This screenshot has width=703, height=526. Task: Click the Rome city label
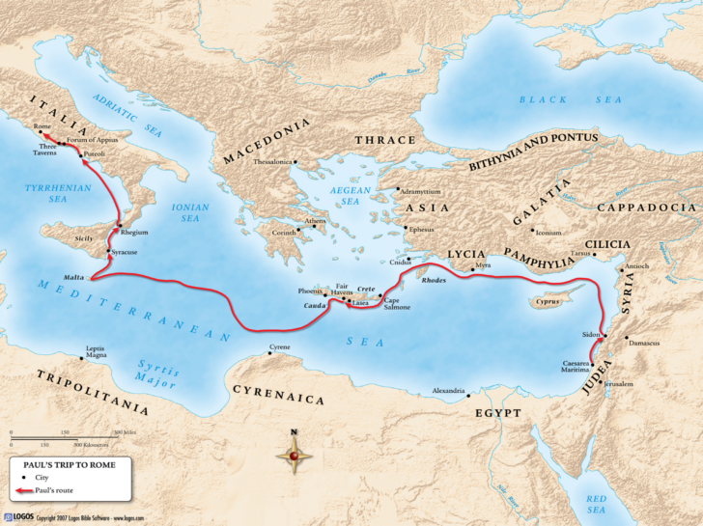[x=42, y=126]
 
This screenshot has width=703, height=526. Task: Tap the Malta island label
[x=74, y=275]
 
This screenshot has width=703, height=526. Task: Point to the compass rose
[x=294, y=454]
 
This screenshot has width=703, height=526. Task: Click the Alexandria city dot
[x=466, y=393]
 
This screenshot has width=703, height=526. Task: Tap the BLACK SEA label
[x=546, y=99]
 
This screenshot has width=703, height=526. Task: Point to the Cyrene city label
[x=279, y=346]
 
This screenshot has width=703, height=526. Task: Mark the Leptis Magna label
[x=95, y=350]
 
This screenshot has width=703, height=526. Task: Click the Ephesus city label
[x=422, y=230]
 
